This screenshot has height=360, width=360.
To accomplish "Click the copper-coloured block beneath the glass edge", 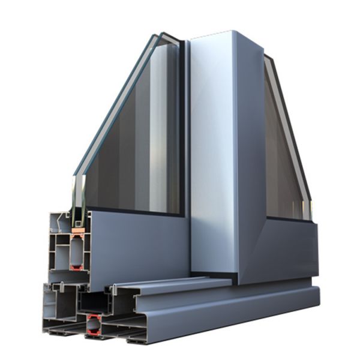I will click(77, 229).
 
